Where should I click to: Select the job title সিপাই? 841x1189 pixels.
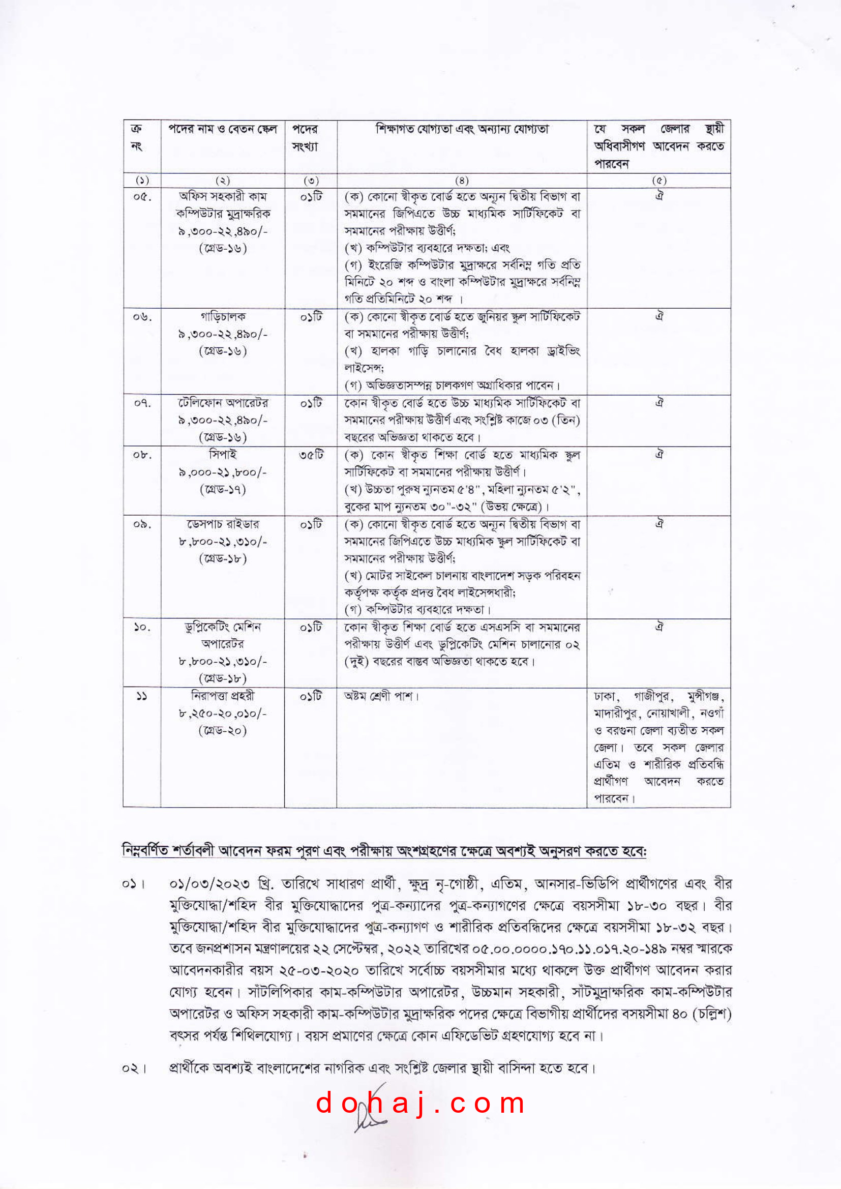223,455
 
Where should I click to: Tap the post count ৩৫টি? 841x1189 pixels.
311,455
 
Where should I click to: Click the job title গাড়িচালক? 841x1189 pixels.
223,316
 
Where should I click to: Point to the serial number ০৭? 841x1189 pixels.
142,403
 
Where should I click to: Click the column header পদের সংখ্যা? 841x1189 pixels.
305,138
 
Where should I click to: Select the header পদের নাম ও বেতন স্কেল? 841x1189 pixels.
223,129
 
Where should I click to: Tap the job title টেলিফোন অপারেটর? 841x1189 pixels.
223,403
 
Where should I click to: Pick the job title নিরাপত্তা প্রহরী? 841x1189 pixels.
223,696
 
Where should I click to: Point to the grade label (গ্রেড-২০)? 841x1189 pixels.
223,731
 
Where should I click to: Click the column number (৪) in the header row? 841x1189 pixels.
461,180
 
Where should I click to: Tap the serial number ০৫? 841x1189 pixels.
142,197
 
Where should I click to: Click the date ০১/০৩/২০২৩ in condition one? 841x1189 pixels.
209,884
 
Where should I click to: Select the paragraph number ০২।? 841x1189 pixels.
134,1068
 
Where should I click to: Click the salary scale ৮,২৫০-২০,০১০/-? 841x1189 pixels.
223,714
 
